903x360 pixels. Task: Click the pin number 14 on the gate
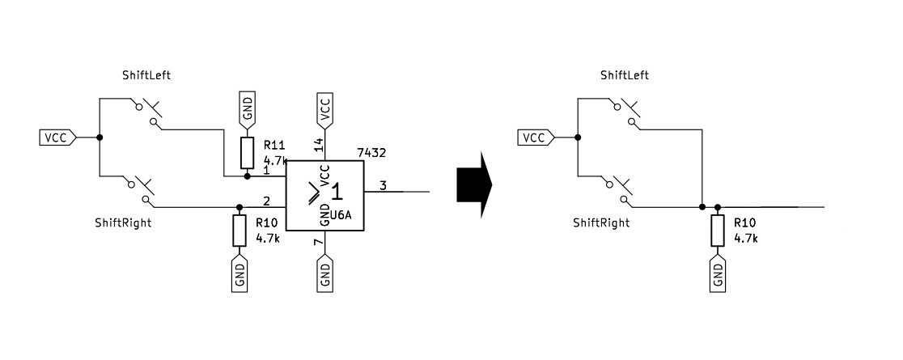pyautogui.click(x=318, y=145)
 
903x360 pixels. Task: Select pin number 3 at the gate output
pyautogui.click(x=383, y=185)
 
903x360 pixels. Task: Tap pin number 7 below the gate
pyautogui.click(x=318, y=242)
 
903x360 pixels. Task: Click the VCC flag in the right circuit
pyautogui.click(x=536, y=138)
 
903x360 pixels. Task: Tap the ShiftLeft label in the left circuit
pyautogui.click(x=145, y=75)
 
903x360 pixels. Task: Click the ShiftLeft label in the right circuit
pyautogui.click(x=624, y=75)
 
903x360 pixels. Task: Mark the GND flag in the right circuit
pyautogui.click(x=718, y=273)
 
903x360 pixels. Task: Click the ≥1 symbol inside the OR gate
pyautogui.click(x=327, y=195)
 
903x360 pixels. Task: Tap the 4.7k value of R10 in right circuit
pyautogui.click(x=745, y=239)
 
